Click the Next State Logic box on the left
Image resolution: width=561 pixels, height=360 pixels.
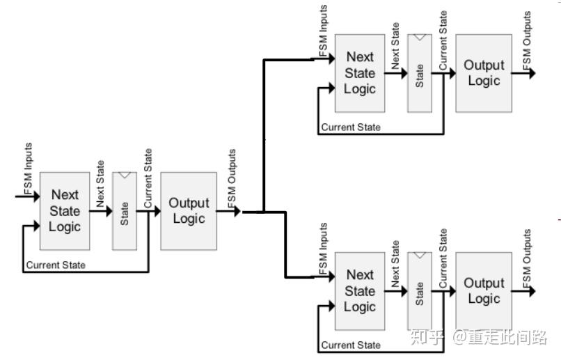(x=65, y=211)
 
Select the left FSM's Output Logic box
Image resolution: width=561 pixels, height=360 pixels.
(x=189, y=211)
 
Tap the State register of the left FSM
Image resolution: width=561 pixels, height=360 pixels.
(x=125, y=211)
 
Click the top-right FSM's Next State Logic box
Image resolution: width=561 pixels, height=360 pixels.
(x=360, y=73)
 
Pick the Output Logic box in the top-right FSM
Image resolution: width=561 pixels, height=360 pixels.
(x=484, y=73)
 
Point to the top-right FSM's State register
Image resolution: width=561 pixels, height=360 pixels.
(x=420, y=73)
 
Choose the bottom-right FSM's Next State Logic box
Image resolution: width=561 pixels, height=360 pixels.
(x=360, y=291)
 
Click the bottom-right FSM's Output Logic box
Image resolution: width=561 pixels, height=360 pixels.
(x=484, y=291)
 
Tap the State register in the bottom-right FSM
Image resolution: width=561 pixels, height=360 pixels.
(x=420, y=291)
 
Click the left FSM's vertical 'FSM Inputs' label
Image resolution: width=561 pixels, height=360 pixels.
(x=29, y=169)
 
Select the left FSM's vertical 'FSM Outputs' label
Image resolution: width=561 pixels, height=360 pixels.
(x=232, y=178)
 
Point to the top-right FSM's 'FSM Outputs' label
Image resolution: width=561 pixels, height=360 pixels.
(x=527, y=40)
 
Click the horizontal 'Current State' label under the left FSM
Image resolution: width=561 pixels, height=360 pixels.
(x=56, y=265)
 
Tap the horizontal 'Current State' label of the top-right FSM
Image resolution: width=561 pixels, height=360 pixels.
(x=351, y=127)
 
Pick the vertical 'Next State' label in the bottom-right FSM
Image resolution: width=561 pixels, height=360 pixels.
(x=395, y=264)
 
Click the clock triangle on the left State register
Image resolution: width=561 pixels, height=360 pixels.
(x=125, y=175)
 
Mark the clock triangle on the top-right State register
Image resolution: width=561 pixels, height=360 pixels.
(x=420, y=37)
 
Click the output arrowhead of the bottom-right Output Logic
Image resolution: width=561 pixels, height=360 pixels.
(x=532, y=291)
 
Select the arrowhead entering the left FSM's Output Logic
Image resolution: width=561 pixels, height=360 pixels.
(x=157, y=211)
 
